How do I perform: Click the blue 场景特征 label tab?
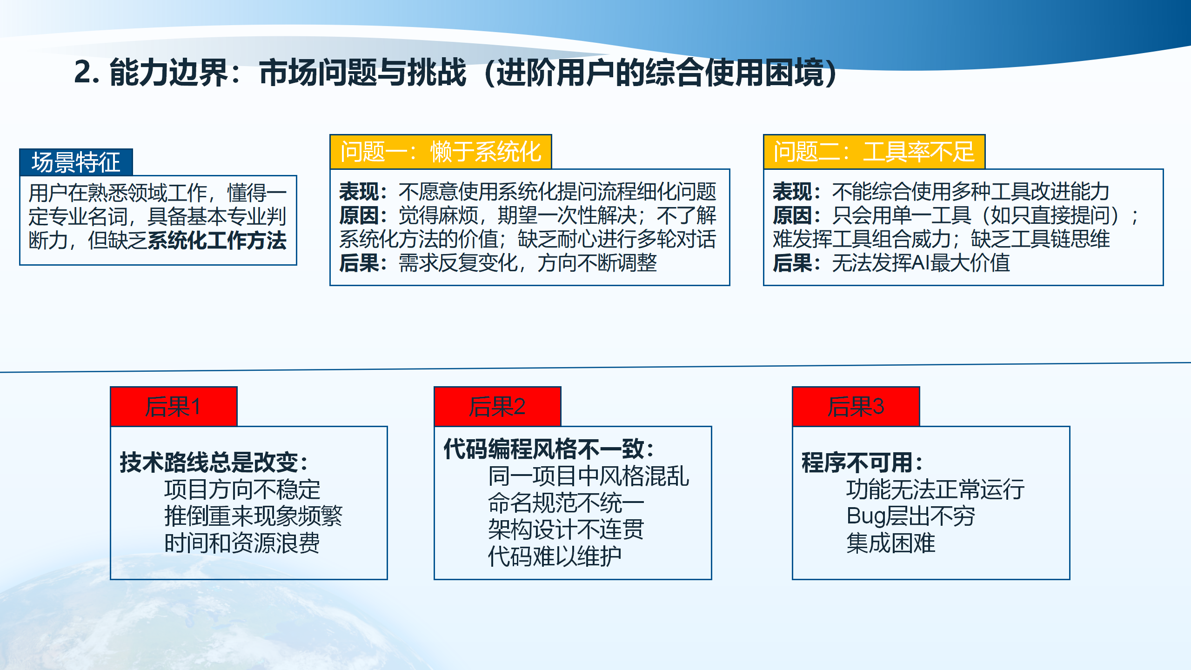tap(76, 162)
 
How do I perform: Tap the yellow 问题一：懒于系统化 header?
tap(441, 152)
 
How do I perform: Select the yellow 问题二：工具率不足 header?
tap(874, 152)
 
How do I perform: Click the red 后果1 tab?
tap(174, 406)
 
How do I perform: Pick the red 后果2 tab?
tap(497, 406)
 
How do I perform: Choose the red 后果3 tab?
tap(856, 406)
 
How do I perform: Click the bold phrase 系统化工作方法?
tap(217, 241)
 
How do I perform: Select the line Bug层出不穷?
tap(910, 516)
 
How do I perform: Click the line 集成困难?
tap(890, 543)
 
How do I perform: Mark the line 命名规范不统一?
tap(566, 503)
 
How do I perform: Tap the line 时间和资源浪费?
tap(242, 543)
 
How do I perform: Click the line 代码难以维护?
tap(555, 556)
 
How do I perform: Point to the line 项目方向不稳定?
tap(242, 489)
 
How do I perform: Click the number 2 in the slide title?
tap(84, 73)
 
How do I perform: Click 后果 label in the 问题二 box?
tap(792, 263)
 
